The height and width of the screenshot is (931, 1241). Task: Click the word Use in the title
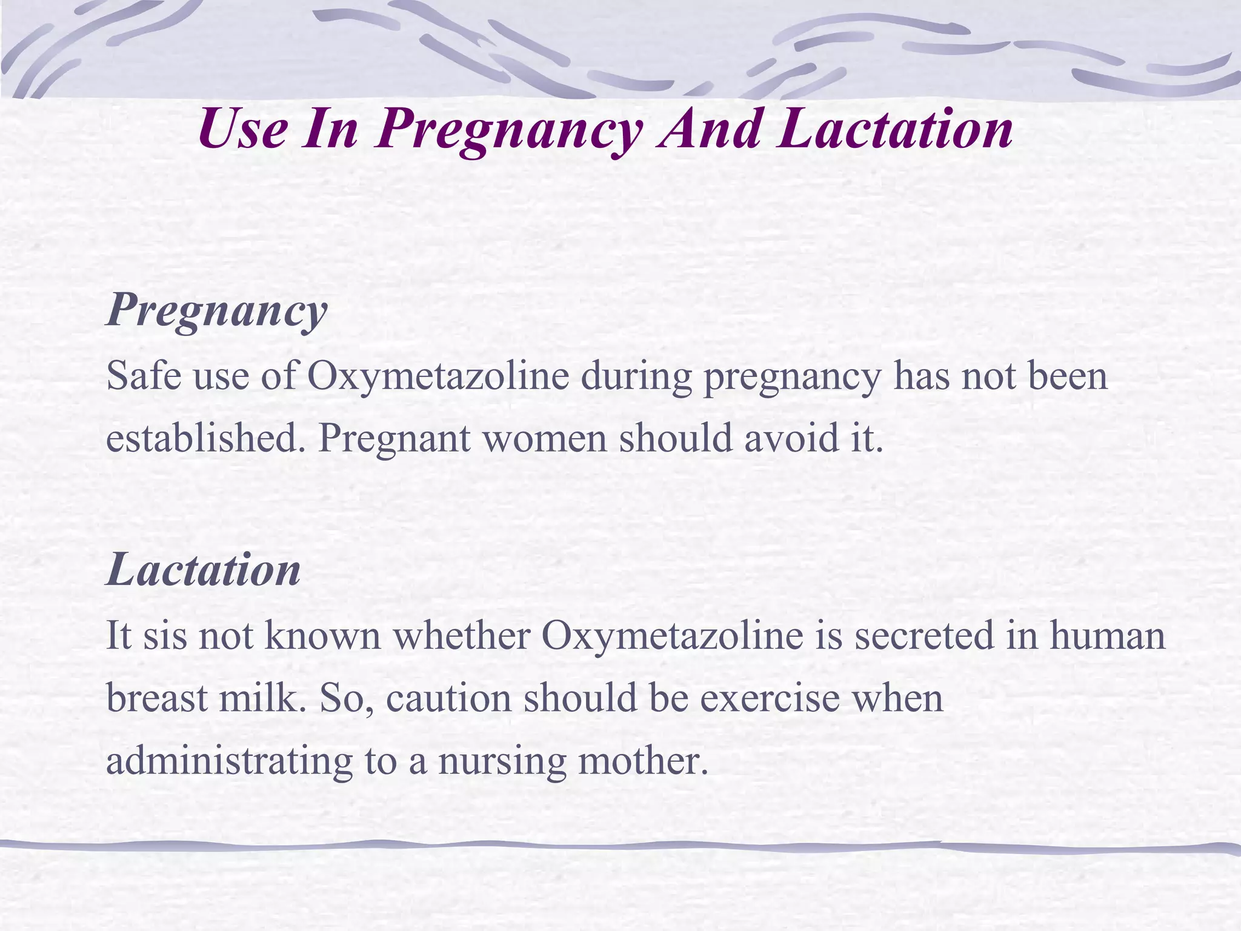242,130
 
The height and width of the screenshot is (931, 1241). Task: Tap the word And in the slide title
710,130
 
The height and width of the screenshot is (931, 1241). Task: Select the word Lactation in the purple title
896,130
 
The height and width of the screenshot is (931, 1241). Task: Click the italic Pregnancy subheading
216,310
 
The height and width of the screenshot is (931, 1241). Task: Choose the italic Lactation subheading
203,570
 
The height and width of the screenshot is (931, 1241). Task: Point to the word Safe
144,376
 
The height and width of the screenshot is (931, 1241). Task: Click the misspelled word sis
165,636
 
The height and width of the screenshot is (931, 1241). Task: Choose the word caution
448,698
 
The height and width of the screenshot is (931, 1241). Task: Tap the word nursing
502,761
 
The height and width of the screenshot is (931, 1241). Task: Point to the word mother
643,761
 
